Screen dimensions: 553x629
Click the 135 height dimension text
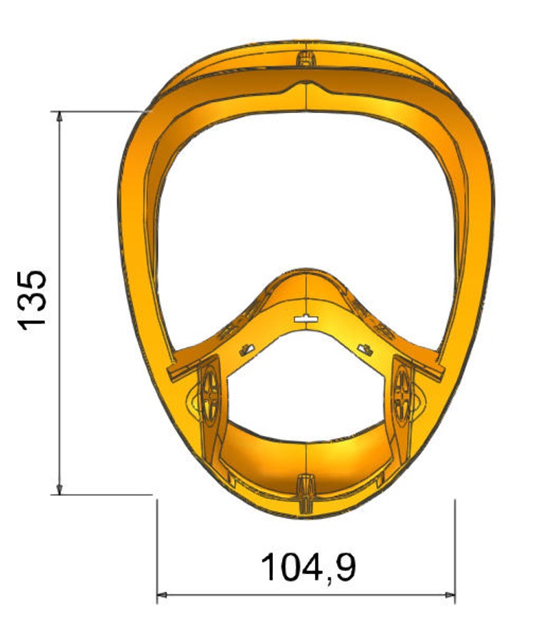tap(32, 301)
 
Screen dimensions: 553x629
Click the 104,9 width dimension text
tap(308, 568)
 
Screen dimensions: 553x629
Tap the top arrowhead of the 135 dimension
tap(59, 117)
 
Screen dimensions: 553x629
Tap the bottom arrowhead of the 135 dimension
tap(59, 490)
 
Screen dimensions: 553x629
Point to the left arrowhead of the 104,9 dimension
tap(161, 595)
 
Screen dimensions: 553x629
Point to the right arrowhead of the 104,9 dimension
tap(450, 595)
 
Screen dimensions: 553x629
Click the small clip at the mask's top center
tap(306, 59)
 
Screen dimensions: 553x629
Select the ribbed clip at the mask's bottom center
tap(306, 493)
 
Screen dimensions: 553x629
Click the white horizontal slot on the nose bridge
tap(306, 320)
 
